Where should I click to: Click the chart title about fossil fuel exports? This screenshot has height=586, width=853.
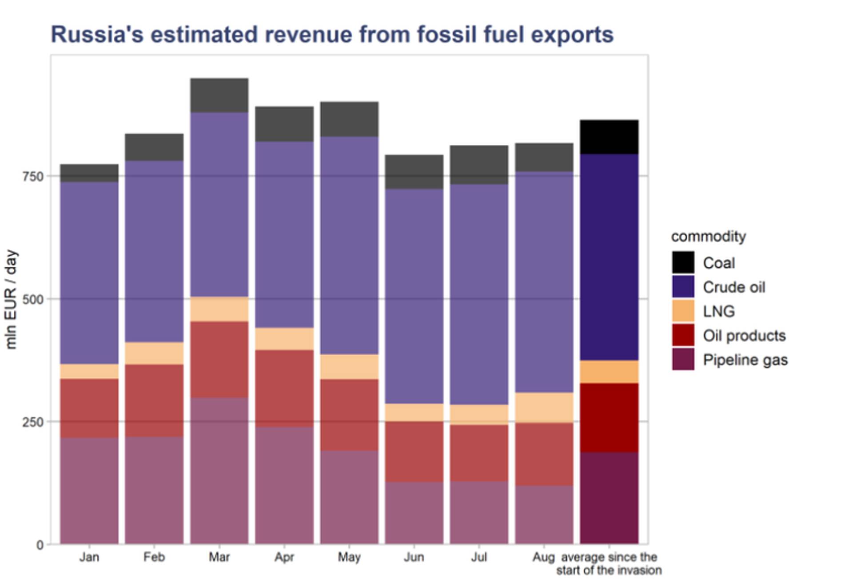pyautogui.click(x=332, y=35)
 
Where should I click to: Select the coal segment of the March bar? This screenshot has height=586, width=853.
pyautogui.click(x=219, y=95)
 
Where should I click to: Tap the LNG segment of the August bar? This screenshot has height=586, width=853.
pyautogui.click(x=544, y=408)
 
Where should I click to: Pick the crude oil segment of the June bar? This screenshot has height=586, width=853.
pyautogui.click(x=414, y=296)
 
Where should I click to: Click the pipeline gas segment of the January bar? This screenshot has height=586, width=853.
pyautogui.click(x=89, y=491)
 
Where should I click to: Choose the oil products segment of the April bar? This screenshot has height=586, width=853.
pyautogui.click(x=284, y=388)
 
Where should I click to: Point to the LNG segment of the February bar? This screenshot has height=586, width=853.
pyautogui.click(x=154, y=353)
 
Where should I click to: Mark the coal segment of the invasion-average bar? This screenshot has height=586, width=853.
pyautogui.click(x=609, y=137)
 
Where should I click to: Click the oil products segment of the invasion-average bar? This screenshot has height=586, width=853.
pyautogui.click(x=609, y=418)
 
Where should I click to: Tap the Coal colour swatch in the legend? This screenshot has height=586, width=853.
pyautogui.click(x=683, y=262)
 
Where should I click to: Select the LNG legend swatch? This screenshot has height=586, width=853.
pyautogui.click(x=683, y=311)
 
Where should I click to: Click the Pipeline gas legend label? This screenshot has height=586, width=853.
pyautogui.click(x=745, y=360)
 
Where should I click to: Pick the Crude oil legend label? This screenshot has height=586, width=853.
pyautogui.click(x=734, y=287)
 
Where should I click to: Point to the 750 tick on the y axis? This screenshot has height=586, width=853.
pyautogui.click(x=33, y=176)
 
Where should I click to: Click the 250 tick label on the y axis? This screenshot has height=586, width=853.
pyautogui.click(x=33, y=422)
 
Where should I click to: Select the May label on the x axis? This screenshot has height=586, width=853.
pyautogui.click(x=349, y=557)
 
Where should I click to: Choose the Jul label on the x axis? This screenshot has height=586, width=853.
pyautogui.click(x=479, y=557)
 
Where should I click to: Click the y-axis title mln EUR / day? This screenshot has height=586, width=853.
pyautogui.click(x=11, y=300)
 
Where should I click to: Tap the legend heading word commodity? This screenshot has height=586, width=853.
pyautogui.click(x=708, y=237)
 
